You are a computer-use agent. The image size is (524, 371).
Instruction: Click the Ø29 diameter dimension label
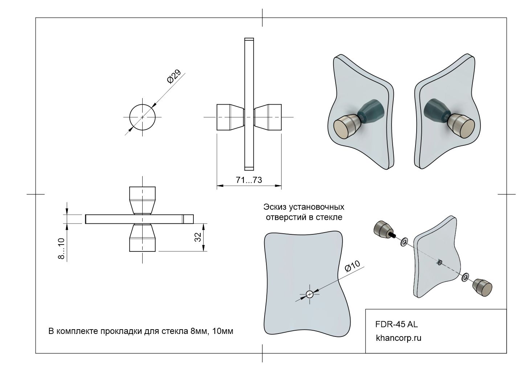click(174, 76)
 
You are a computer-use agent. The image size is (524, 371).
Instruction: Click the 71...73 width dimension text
click(249, 180)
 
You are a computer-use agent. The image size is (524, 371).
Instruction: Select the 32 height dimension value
click(198, 237)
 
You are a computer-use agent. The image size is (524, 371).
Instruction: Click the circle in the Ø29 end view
click(143, 117)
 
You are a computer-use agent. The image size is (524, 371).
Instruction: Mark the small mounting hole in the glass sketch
click(310, 294)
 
